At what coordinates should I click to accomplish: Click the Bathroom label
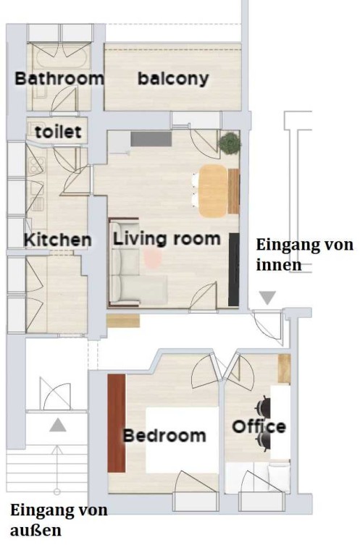pos(59,79)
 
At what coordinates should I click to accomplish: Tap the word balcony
pos(173,79)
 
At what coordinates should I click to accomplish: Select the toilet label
pos(58,132)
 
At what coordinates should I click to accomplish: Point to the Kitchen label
pos(57,240)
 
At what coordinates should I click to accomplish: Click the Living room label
pos(167,239)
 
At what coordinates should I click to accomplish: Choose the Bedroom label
pos(164,436)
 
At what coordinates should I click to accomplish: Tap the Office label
pos(259,426)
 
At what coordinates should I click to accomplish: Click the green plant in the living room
pos(230,143)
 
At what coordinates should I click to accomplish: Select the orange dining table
pos(213,190)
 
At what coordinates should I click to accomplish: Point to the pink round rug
pos(153,259)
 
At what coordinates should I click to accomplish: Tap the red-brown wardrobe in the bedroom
pos(117,423)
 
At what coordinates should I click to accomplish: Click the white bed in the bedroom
pos(182,440)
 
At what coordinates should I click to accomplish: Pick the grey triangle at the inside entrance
pos(267,298)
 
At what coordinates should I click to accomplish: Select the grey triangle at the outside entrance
pos(58,425)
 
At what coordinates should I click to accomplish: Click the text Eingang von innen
pos(304,254)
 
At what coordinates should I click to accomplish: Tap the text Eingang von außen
pos(59,520)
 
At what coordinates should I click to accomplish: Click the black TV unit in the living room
pos(234,269)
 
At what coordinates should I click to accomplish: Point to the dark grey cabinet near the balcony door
pos(151,139)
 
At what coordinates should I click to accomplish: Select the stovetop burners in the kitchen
pos(36,166)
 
